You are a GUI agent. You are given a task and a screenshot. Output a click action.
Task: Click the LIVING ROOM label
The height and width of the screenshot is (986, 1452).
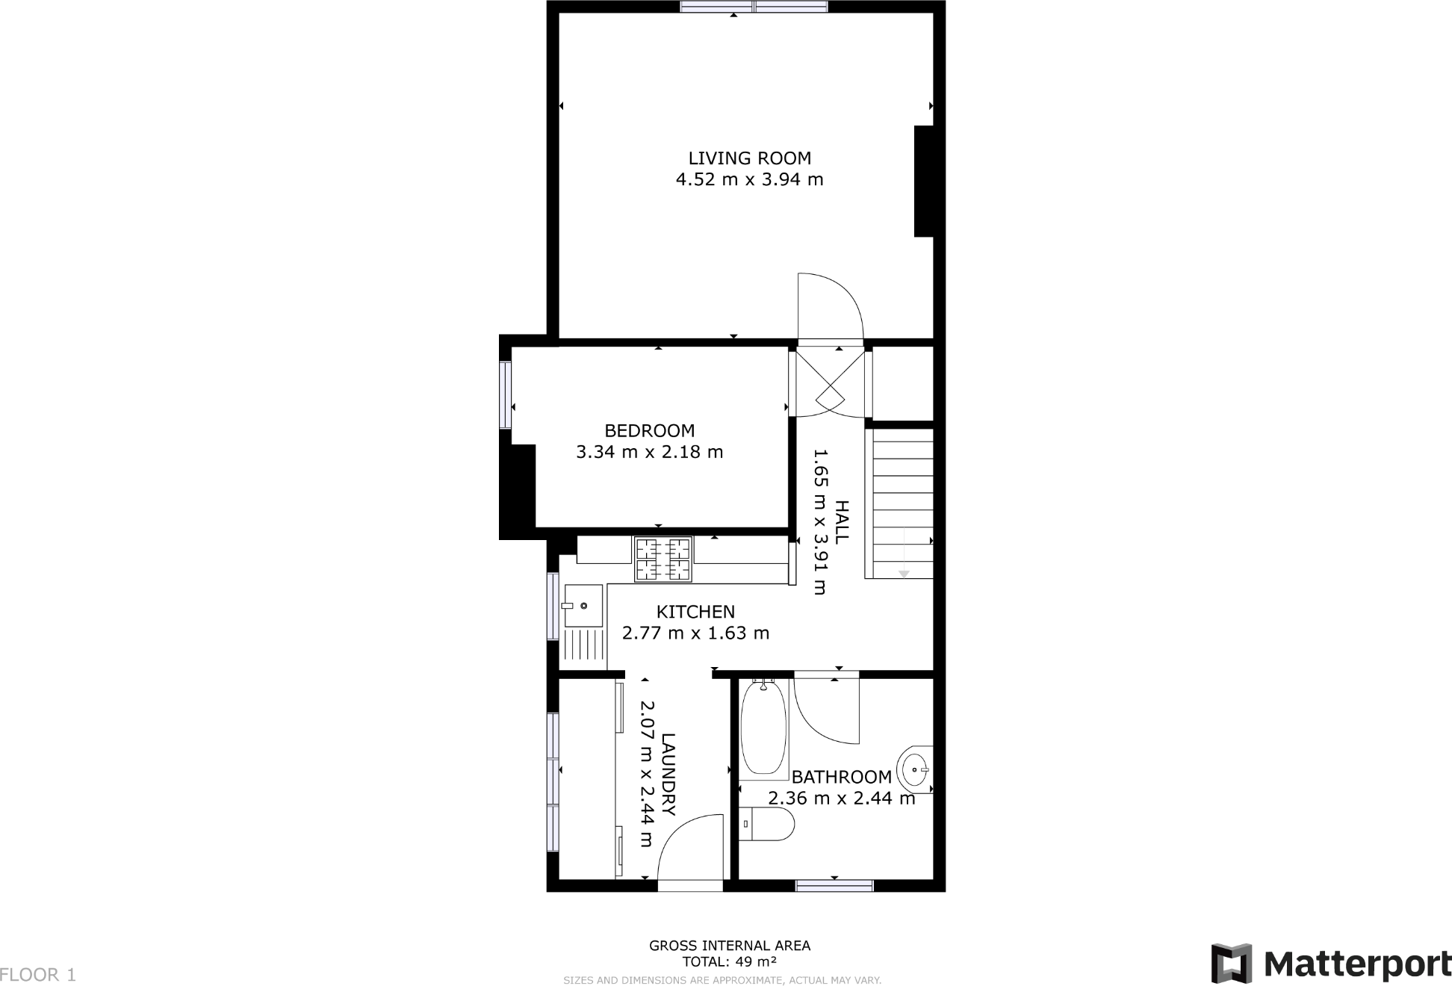pos(749,158)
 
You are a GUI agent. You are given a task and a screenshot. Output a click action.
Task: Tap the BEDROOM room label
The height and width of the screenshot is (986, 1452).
pos(649,431)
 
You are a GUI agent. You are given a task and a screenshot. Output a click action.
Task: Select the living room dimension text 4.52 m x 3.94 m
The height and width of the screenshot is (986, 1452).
pos(749,180)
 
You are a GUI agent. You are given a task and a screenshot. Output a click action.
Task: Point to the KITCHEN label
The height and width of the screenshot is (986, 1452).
pos(695,612)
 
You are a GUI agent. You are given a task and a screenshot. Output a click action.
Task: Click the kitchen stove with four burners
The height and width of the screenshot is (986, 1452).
pos(663,559)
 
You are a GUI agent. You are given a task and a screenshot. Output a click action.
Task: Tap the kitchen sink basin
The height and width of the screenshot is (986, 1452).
pos(583,605)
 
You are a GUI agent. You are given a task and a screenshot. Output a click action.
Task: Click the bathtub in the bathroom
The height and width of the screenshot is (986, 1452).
pos(763,726)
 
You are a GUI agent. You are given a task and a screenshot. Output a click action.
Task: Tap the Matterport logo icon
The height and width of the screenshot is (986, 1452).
pos(1231,964)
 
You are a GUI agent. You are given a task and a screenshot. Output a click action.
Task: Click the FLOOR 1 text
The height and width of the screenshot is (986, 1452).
pos(38,975)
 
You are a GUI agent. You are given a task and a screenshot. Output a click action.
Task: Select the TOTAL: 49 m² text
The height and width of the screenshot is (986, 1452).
pos(729,961)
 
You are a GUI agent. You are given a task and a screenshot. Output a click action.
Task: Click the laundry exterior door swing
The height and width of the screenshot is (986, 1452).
pos(689,848)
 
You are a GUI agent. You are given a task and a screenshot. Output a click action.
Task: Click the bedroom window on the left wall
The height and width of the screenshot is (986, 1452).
pos(506,394)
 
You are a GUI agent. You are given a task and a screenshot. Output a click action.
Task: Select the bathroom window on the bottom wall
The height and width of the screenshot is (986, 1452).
pos(834,886)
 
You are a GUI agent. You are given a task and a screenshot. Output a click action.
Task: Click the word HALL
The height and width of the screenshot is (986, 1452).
pos(842,522)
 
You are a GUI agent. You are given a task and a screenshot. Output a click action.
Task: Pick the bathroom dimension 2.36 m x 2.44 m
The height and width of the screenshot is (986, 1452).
pos(841,799)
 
